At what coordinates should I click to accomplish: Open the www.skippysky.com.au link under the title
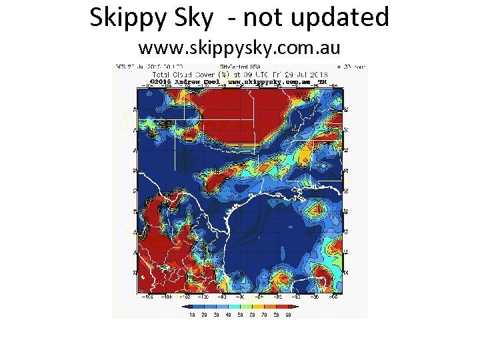point(239,48)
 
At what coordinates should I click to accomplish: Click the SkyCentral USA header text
point(239,67)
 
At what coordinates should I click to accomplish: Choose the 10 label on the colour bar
point(192,314)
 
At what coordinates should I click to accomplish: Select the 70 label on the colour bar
point(263,314)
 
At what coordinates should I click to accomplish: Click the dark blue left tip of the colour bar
point(183,307)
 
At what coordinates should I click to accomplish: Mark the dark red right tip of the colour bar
point(297,307)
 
